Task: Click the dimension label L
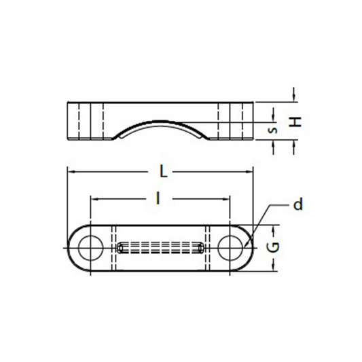(x=164, y=172)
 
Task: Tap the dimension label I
(x=158, y=198)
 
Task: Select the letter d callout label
(x=298, y=204)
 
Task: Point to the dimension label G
(x=273, y=247)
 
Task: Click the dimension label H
(x=295, y=122)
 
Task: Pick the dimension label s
(x=273, y=130)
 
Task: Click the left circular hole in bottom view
(x=90, y=248)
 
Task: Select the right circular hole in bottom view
(x=230, y=248)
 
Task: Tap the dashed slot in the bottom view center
(x=160, y=248)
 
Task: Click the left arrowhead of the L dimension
(x=71, y=172)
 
